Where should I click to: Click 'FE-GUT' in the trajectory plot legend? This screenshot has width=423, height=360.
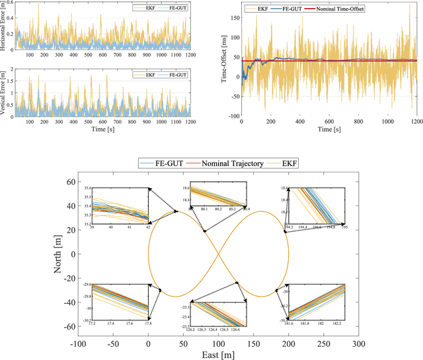point(163,162)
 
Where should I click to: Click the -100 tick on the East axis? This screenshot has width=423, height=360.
point(77,343)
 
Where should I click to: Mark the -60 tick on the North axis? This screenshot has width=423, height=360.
point(66,327)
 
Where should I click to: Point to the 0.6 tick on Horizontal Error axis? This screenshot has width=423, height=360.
point(9,3)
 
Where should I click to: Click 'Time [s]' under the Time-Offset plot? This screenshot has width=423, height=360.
point(329,130)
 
